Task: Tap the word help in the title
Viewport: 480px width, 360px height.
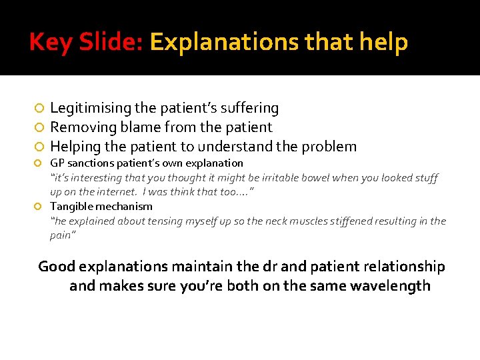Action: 383,43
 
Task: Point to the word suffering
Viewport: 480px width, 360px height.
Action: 251,108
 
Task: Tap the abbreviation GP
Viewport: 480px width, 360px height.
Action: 57,163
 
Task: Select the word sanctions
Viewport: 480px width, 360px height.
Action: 90,163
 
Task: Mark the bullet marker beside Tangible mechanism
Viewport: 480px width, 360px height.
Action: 40,207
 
